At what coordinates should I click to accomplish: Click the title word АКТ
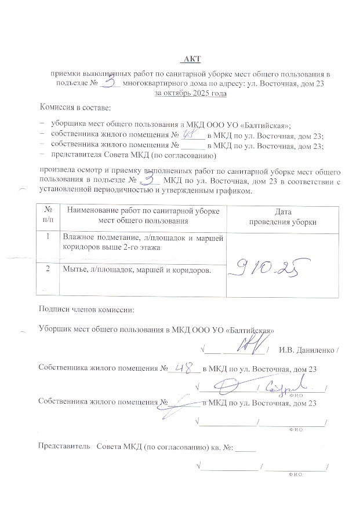[x=192, y=59]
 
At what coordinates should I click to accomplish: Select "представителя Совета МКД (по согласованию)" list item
[x=133, y=155]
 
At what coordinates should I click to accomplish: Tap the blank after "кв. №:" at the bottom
[x=246, y=447]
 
